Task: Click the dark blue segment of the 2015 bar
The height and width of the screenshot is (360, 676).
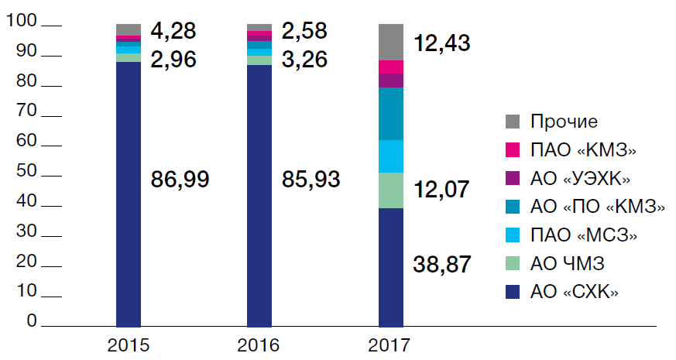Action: (x=128, y=194)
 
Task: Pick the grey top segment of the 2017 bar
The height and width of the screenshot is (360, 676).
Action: (x=390, y=42)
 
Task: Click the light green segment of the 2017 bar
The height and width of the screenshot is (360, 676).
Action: (x=390, y=190)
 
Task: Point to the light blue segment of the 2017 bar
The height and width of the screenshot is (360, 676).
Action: (x=390, y=156)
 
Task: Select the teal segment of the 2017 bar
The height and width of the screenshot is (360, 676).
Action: (x=390, y=114)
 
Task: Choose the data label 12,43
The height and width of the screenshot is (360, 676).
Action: (x=442, y=43)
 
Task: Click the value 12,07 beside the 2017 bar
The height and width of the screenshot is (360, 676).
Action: (x=442, y=189)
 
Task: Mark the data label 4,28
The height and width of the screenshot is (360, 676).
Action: (x=173, y=32)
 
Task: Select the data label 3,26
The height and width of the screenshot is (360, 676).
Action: (x=304, y=59)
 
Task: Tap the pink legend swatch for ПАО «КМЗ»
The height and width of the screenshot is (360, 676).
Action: (x=512, y=150)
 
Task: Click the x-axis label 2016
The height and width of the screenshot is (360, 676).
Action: (x=260, y=344)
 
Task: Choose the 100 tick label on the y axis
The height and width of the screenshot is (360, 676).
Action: (x=21, y=23)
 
